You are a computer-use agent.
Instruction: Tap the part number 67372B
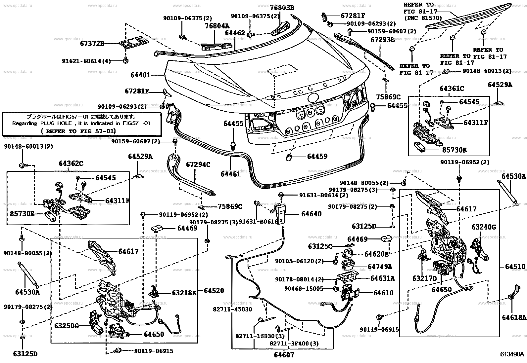coord(92,43)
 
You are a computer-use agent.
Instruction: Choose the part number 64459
coord(317,157)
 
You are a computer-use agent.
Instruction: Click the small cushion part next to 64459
coord(289,157)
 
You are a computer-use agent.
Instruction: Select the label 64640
coord(311,214)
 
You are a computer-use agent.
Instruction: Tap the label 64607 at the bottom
coord(284,355)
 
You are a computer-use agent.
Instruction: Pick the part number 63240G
coord(484,227)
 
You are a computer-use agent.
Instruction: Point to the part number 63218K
coord(184,292)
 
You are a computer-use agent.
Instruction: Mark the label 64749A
coord(380,266)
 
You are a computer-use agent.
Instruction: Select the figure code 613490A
coord(512,354)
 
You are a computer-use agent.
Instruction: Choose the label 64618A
coord(514,317)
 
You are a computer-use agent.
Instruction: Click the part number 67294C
coord(198,164)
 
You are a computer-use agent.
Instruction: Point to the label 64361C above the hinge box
coord(452,89)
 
